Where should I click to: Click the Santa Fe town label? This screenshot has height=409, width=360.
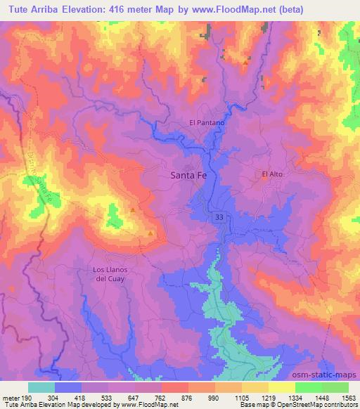189,177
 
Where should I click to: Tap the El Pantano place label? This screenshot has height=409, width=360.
207,122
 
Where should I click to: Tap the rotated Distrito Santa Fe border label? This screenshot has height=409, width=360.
41,180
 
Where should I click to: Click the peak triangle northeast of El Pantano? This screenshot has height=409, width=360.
245,63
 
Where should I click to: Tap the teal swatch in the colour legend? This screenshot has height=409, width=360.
41,387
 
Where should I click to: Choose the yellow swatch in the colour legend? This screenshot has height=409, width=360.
281,387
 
